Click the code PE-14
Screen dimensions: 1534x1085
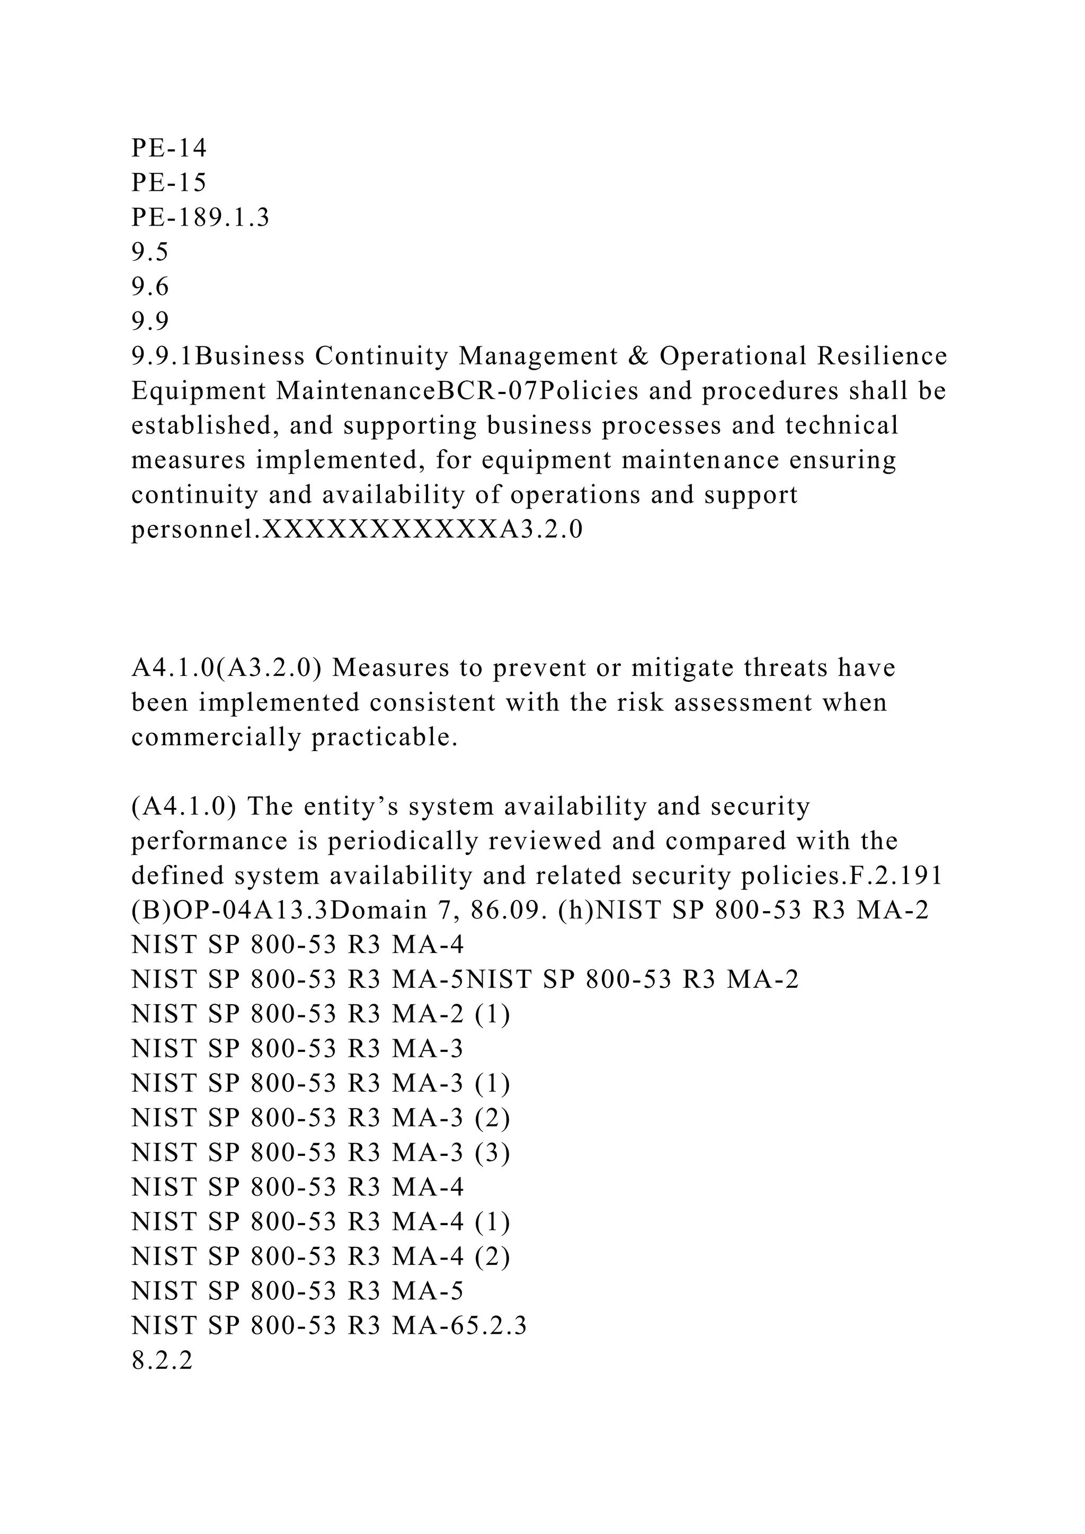point(169,148)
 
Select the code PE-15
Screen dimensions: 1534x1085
point(169,183)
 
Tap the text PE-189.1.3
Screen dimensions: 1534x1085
point(200,218)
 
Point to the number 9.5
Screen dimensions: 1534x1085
point(150,253)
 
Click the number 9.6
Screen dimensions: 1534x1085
point(150,287)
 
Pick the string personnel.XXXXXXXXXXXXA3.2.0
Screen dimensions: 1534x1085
point(357,530)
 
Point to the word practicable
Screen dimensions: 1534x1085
point(385,738)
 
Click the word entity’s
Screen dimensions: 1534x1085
point(351,807)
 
